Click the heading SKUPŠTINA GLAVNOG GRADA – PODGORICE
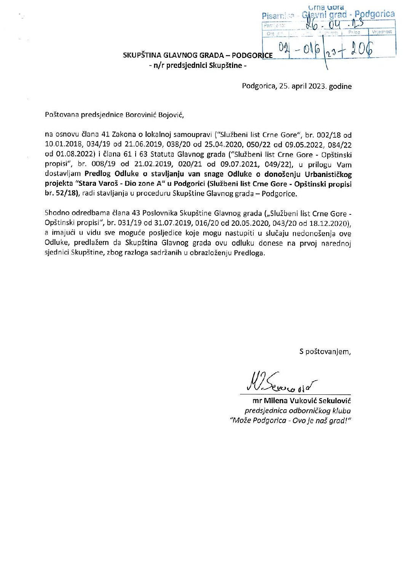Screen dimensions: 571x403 coord(197,55)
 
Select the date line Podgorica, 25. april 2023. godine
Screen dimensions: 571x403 coord(296,86)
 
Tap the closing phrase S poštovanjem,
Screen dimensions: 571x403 coord(325,352)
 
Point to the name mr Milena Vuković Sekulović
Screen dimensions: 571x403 coord(301,401)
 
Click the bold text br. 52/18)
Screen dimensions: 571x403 coord(61,193)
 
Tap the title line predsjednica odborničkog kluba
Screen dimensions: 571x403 coord(297,411)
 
